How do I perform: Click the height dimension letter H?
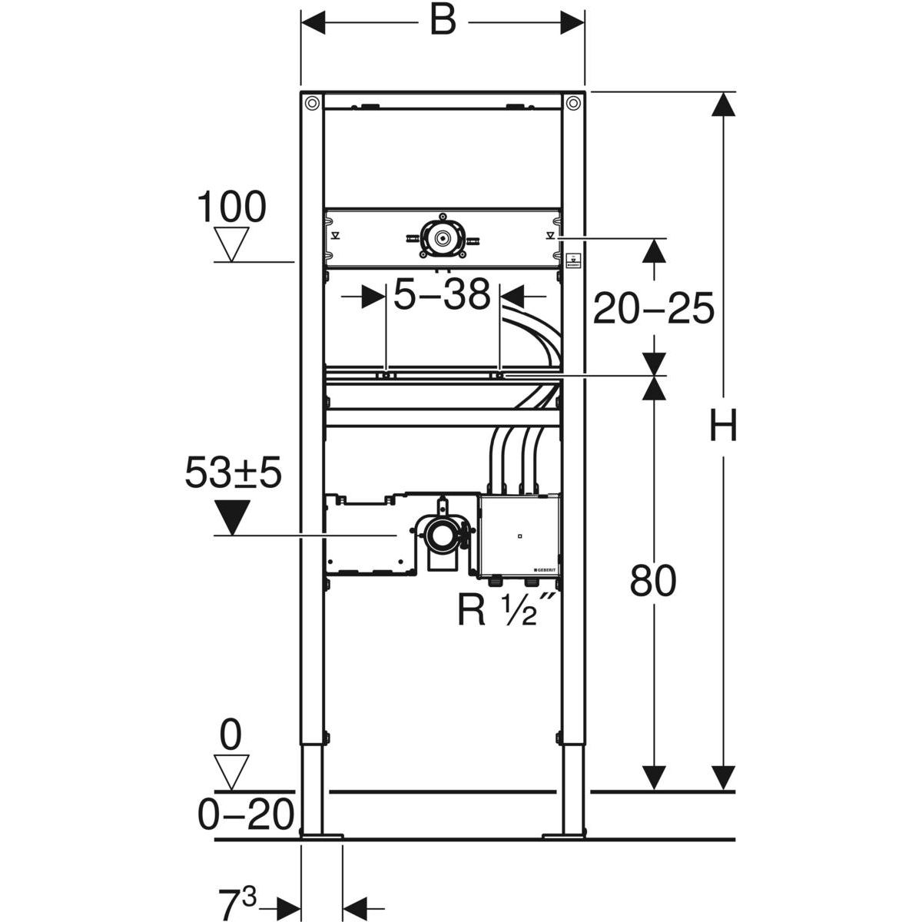(722, 425)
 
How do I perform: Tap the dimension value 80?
(652, 580)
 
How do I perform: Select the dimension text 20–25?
(653, 307)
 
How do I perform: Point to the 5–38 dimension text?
(442, 294)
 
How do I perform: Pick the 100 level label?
(231, 207)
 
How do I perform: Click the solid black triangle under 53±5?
(233, 517)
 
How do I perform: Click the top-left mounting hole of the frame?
(312, 102)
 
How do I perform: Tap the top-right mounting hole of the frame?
(572, 102)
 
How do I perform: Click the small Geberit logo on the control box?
(544, 570)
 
